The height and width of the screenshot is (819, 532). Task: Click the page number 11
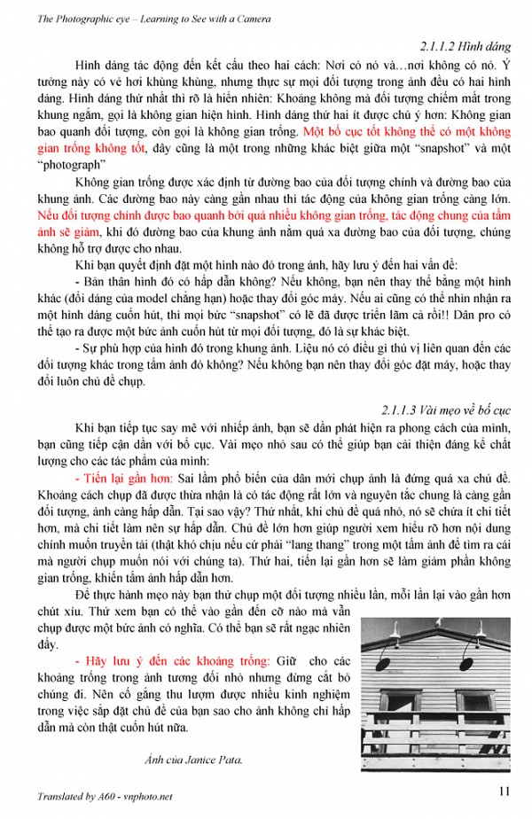coord(503,792)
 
